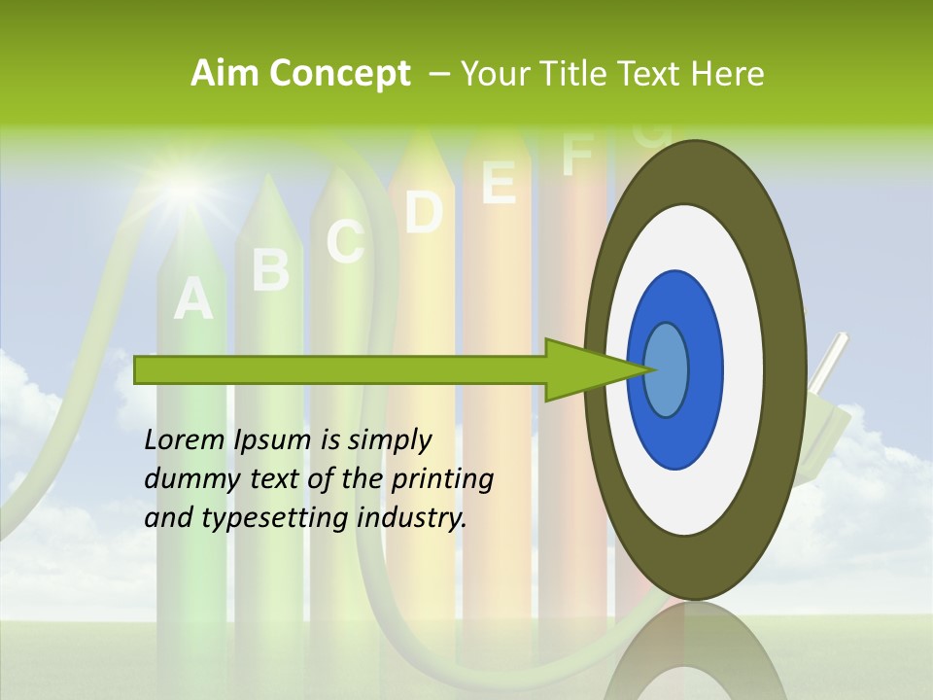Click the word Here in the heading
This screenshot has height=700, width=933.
[x=729, y=74]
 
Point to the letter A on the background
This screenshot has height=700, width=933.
[x=192, y=298]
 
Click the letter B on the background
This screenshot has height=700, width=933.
[x=271, y=269]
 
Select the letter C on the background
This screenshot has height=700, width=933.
[x=345, y=241]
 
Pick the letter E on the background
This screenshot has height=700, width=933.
[x=499, y=182]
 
